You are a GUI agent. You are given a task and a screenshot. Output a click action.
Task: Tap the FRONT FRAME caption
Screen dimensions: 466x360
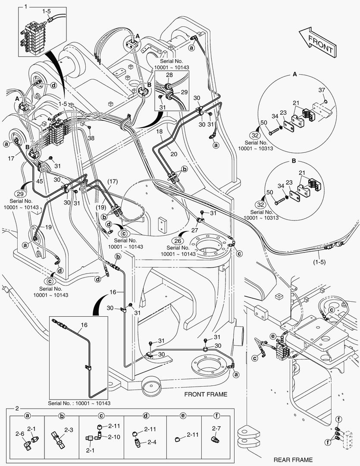206,394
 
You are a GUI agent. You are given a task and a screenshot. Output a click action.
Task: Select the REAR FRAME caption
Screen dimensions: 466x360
293,460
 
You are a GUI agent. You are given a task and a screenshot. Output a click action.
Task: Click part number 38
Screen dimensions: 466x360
91,139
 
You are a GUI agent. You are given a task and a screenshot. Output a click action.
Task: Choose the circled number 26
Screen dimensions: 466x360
178,240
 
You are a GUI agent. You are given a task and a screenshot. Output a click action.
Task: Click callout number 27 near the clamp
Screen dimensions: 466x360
194,230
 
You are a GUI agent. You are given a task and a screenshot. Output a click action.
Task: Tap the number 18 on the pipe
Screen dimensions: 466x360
159,131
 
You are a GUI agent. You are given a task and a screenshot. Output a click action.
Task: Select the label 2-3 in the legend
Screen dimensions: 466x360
69,430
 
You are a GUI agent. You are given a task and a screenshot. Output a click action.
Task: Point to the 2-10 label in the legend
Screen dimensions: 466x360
114,437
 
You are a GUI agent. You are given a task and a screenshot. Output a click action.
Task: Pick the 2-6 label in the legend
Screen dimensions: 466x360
20,433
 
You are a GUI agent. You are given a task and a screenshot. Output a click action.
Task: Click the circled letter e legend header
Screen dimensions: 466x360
183,416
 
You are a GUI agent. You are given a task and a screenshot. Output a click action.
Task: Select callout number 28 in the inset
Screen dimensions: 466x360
169,75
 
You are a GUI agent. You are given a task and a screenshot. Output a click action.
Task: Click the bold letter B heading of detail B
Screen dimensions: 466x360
293,161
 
